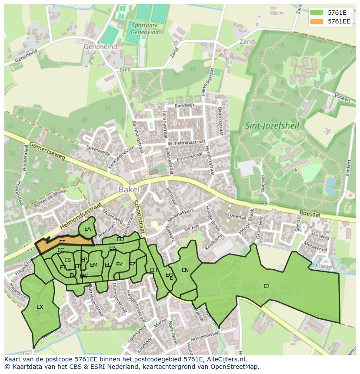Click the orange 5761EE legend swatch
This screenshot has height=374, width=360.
317,21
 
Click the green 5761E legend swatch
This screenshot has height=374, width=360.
317,12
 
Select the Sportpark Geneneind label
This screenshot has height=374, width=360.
145,29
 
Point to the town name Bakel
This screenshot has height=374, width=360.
129,189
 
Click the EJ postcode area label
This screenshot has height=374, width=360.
266,286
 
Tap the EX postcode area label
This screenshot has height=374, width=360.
40,307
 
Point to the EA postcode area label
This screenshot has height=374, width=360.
87,229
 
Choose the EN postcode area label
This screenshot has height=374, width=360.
185,270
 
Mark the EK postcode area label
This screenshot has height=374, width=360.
119,265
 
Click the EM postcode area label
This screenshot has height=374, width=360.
93,265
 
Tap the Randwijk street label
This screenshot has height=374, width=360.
185,106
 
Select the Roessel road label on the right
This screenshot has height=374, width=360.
310,213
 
